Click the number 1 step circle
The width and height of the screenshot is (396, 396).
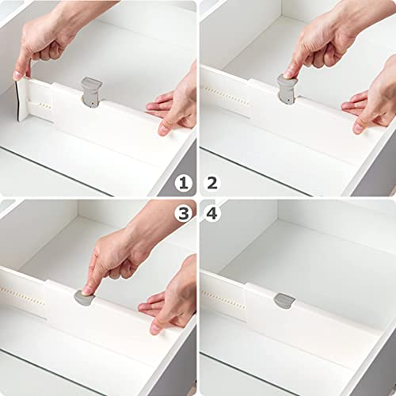[x=184, y=184]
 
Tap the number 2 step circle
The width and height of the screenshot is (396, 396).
[x=212, y=184]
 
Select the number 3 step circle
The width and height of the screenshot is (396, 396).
[x=184, y=212]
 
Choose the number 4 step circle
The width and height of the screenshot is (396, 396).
[x=212, y=212]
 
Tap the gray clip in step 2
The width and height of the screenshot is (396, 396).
[x=287, y=89]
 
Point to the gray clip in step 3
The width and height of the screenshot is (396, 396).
[x=84, y=297]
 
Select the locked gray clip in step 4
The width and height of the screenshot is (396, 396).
[x=284, y=300]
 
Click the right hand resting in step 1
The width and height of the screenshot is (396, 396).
[x=174, y=103]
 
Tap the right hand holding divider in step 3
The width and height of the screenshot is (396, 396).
[x=170, y=301]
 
